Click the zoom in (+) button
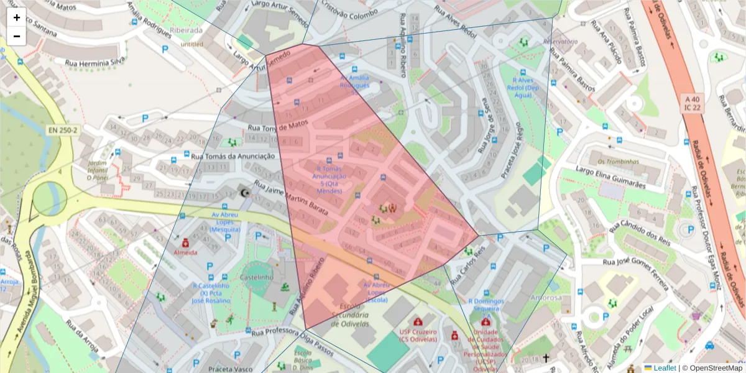[17, 17]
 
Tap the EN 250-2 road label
[63, 130]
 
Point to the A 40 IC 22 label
[693, 103]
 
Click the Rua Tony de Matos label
[278, 126]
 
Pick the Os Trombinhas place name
[618, 162]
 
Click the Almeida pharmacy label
[185, 252]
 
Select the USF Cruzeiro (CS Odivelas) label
[418, 335]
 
